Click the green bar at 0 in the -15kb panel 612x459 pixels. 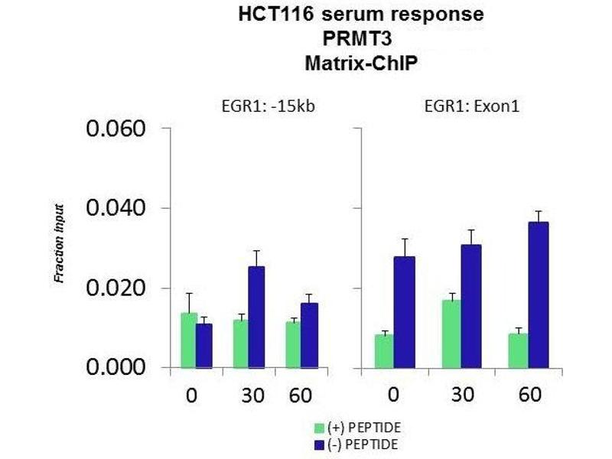(x=188, y=340)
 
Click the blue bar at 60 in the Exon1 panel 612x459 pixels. (x=539, y=295)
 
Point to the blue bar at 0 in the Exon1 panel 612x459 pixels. (x=404, y=311)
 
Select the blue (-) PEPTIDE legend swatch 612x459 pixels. (x=319, y=443)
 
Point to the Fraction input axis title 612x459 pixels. (x=59, y=243)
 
